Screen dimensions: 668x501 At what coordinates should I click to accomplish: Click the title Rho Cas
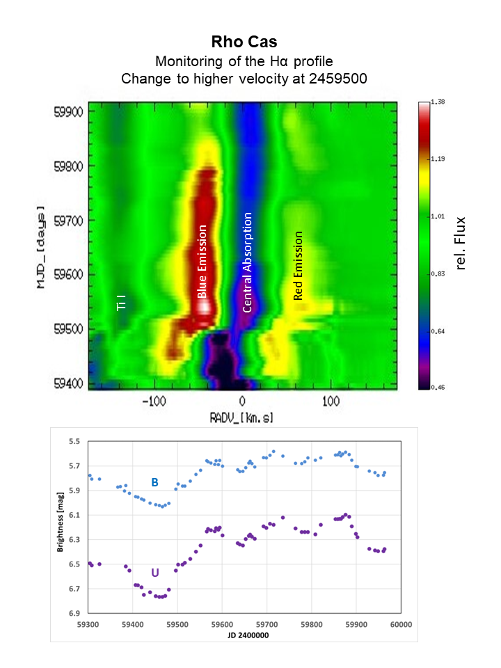(x=244, y=43)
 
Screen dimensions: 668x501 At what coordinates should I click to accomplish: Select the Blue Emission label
(x=202, y=262)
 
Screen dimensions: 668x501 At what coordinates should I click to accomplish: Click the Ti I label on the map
(x=121, y=302)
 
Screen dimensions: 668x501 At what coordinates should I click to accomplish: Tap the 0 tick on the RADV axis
(x=242, y=402)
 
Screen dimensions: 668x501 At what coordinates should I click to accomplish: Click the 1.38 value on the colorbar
(x=438, y=102)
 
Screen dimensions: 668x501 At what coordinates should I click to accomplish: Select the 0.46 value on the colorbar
(x=438, y=387)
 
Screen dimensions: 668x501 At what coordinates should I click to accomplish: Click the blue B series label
(x=155, y=482)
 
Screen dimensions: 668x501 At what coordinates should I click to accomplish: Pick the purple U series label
(x=154, y=573)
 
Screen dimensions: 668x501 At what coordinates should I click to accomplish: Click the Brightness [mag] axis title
(x=61, y=527)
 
